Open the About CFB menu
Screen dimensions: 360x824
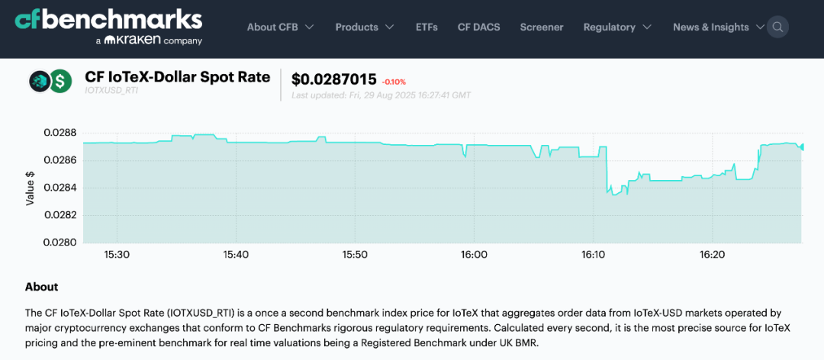[x=280, y=27]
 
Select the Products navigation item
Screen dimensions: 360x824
[x=365, y=27]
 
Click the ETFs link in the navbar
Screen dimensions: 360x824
[x=426, y=27]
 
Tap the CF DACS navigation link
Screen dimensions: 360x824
[x=478, y=27]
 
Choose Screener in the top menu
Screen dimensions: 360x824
[x=542, y=27]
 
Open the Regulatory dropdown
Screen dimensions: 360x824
[x=617, y=27]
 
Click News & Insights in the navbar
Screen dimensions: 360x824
[x=718, y=27]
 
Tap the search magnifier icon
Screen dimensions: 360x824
[x=777, y=27]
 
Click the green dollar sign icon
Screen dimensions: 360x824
[x=60, y=81]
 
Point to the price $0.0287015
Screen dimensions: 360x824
[x=334, y=79]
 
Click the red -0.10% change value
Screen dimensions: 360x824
[x=394, y=82]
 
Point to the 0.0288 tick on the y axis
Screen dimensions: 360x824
[x=60, y=133]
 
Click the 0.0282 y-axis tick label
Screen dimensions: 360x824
[x=60, y=215]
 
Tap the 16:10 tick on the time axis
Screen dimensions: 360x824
[x=593, y=254]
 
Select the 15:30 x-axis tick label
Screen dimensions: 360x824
[x=117, y=254]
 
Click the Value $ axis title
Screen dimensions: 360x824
[x=31, y=188]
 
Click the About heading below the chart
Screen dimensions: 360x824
[x=41, y=287]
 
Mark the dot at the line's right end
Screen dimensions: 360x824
[x=801, y=146]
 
